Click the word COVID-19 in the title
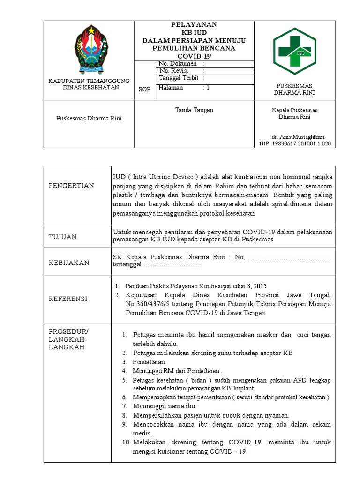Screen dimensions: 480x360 [194, 56]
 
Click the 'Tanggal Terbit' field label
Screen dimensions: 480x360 [179, 78]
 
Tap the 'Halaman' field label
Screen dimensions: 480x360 [171, 88]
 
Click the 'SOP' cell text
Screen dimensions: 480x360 [145, 90]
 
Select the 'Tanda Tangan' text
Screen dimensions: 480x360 [194, 110]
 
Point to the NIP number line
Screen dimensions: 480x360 [295, 143]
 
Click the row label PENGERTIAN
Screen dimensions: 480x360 [71, 186]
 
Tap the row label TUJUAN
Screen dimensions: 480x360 [63, 237]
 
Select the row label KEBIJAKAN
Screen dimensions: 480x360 [69, 262]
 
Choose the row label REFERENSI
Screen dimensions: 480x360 [68, 299]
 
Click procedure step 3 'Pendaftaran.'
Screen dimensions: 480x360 [150, 362]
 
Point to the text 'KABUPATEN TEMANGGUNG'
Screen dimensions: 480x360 [89, 81]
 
